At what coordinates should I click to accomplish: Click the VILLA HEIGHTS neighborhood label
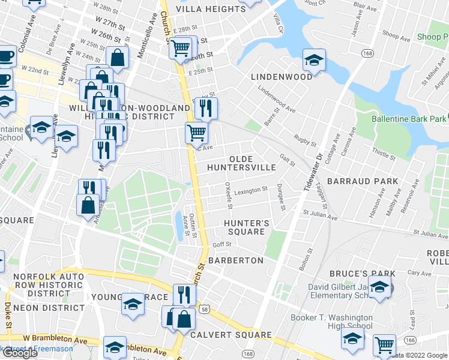(x=210, y=9)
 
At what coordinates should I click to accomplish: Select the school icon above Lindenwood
(x=314, y=60)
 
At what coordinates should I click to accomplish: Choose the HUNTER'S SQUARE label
(x=244, y=227)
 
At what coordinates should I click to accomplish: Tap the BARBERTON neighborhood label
(x=236, y=260)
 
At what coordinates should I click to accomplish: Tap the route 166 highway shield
(x=410, y=340)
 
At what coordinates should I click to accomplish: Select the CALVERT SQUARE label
(x=231, y=335)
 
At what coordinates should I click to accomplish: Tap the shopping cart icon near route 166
(x=384, y=344)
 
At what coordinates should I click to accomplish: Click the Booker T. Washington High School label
(x=331, y=322)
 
